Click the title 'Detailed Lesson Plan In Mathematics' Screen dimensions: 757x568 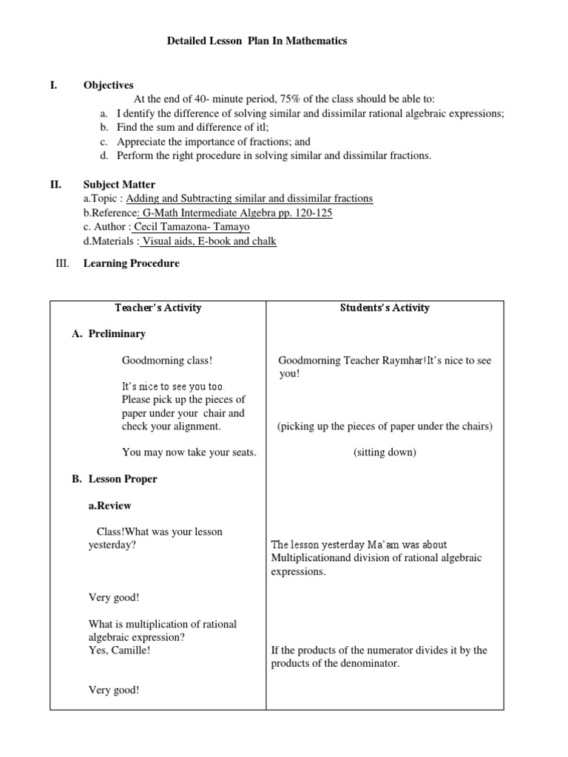(x=257, y=41)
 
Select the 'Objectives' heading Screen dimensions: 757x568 (x=108, y=86)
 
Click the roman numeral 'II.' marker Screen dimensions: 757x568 (x=54, y=184)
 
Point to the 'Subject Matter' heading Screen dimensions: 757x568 (x=119, y=184)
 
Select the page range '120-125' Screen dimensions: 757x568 (x=314, y=213)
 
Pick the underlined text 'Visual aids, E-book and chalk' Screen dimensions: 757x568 (x=209, y=241)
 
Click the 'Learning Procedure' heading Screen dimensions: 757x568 (x=131, y=263)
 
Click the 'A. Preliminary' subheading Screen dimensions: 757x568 (x=109, y=333)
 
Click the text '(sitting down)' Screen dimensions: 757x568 (x=385, y=452)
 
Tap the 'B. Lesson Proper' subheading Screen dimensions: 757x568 (x=114, y=479)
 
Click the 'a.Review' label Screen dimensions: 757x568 (x=109, y=506)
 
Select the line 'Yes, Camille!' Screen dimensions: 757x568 (x=119, y=651)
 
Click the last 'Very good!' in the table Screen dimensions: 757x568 (x=114, y=690)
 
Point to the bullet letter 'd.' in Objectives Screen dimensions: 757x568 (x=104, y=155)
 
